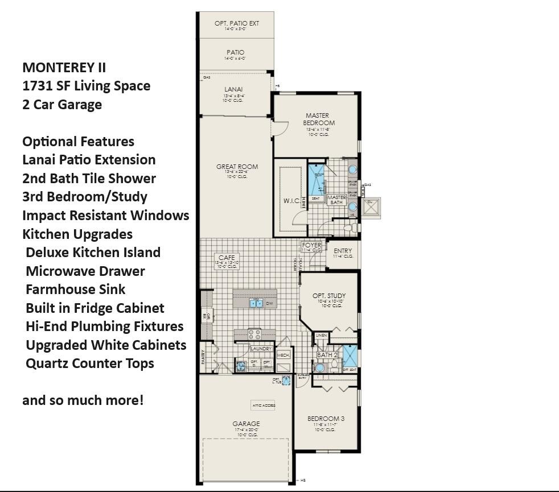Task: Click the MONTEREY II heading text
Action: pos(64,67)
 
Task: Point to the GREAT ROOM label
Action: pos(237,167)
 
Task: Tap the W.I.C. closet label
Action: pos(291,201)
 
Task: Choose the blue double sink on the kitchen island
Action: pos(256,303)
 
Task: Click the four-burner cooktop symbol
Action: pos(254,334)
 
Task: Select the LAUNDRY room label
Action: pos(261,349)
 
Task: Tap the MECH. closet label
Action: pos(283,355)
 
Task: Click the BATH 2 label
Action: pos(327,355)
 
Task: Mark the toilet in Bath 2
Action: pos(334,367)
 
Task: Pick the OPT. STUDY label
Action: pos(329,296)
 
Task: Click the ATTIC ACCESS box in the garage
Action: pos(263,406)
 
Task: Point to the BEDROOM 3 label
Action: pos(326,419)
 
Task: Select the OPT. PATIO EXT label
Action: pos(237,23)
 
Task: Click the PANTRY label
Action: pos(203,356)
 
